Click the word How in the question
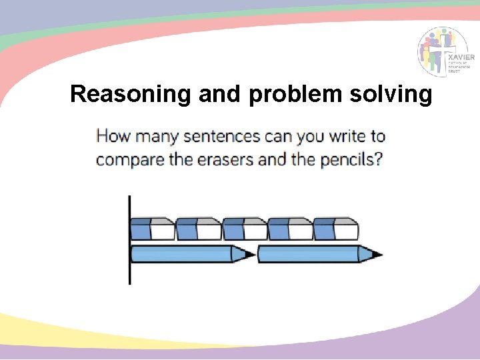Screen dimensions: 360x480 pos(112,137)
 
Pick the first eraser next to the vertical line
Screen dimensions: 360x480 pos(153,229)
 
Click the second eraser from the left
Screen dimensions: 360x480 pos(199,229)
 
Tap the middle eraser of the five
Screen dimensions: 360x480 pos(244,229)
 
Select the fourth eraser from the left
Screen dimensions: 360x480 pos(290,229)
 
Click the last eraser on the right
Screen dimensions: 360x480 pos(336,229)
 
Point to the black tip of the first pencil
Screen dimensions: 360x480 pos(249,254)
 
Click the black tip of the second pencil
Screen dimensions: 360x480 pos(377,254)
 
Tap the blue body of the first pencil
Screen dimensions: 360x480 pos(181,254)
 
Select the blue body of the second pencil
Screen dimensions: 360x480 pos(308,254)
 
